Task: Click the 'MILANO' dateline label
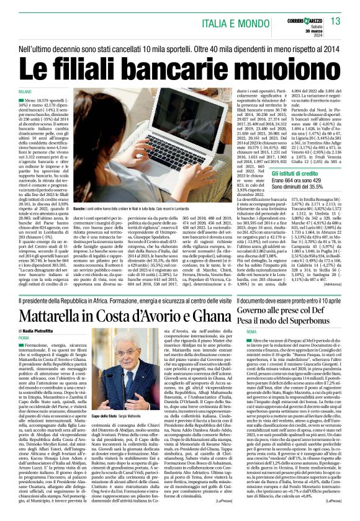click(x=24, y=91)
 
